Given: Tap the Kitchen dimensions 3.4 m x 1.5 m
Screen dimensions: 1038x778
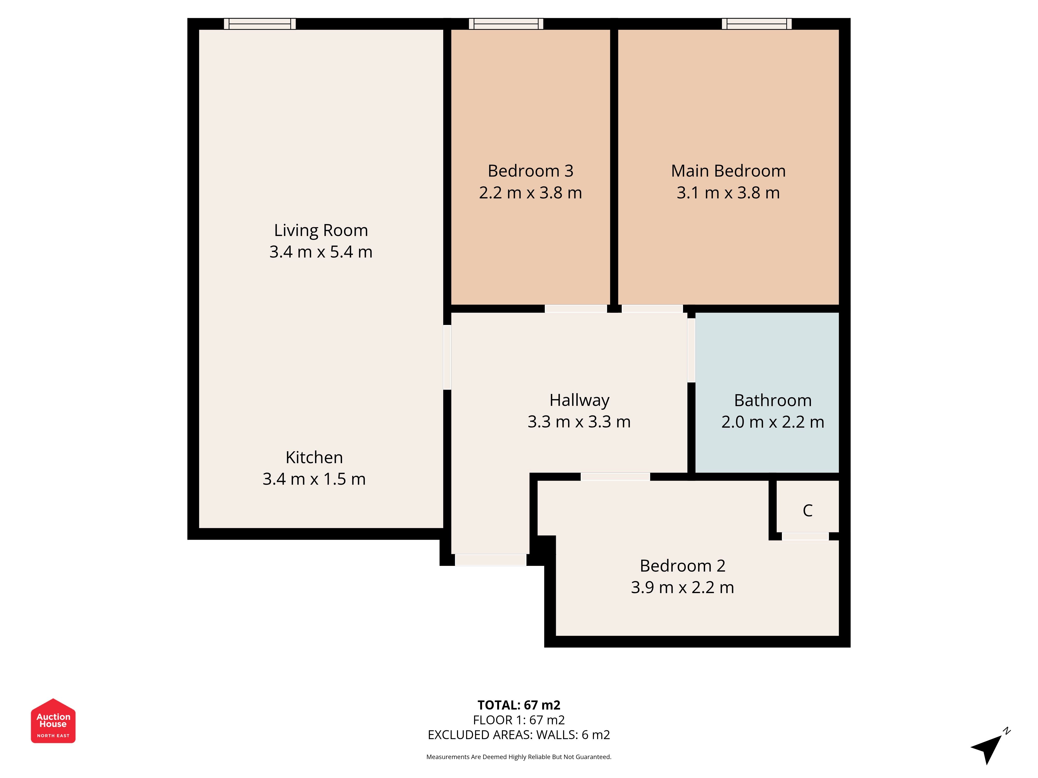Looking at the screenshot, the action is coord(314,479).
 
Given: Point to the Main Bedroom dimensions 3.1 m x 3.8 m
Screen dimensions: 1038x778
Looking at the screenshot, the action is coord(728,193).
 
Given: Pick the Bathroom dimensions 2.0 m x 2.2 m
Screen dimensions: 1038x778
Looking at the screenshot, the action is coord(773,422).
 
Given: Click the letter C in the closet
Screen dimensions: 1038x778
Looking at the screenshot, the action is coord(808,510).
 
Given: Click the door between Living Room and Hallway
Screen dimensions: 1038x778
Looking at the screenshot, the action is coord(447,357).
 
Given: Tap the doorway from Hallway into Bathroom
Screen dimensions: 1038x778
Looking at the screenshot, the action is coord(691,350).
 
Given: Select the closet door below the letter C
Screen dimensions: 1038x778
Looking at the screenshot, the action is coord(805,537).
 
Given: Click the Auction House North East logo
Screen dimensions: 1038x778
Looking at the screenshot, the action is coord(53,721).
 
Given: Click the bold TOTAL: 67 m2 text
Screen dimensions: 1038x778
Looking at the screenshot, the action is coord(519,705).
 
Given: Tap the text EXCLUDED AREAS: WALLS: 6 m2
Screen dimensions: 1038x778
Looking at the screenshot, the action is coord(519,735).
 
